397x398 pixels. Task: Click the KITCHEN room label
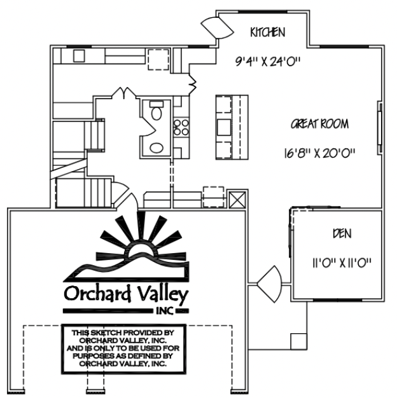coord(268,32)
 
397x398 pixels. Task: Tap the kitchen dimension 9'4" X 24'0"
coord(268,61)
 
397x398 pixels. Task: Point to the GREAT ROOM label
coord(319,124)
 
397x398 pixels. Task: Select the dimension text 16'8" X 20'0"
coord(319,153)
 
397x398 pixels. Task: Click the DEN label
coord(342,233)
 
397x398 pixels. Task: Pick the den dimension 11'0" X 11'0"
coord(342,263)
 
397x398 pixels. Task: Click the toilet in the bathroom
coord(157,111)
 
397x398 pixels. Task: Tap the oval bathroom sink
coord(157,148)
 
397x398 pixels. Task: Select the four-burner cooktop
coord(181,127)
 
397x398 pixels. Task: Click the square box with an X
coord(237,200)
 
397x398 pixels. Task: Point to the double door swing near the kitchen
coord(218,28)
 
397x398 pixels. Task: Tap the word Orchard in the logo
coord(97,294)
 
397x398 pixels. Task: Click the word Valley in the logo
coord(163,294)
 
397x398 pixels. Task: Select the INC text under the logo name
coord(165,311)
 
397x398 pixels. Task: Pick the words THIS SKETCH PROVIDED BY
coord(123,333)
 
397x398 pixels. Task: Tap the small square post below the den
coord(298,341)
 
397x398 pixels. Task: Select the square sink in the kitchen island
coord(224,127)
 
